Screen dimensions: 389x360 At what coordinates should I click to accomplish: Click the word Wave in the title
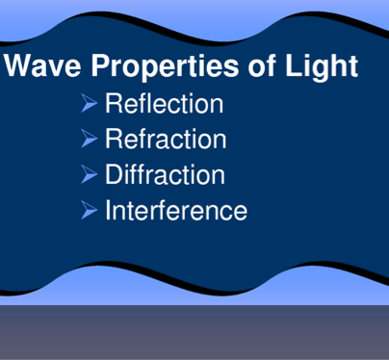[x=42, y=65]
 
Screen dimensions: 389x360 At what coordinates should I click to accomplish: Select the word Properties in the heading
[x=165, y=67]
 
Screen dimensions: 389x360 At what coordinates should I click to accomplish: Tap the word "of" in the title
[x=262, y=64]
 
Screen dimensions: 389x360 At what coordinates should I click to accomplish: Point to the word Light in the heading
[x=322, y=66]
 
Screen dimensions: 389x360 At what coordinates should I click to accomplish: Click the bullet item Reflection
[x=165, y=103]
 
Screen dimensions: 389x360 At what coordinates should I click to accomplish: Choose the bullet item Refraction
[x=166, y=139]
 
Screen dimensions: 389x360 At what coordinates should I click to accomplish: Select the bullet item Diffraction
[x=166, y=174]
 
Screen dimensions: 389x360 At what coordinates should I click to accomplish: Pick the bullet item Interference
[x=176, y=210]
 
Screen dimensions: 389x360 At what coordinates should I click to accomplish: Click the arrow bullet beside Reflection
[x=89, y=103]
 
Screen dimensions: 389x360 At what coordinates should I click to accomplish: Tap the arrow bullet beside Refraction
[x=89, y=139]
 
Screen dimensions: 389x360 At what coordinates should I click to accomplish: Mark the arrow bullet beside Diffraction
[x=89, y=174]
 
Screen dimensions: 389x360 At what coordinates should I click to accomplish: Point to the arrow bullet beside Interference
[x=89, y=210]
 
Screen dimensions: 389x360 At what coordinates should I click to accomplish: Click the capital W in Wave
[x=18, y=65]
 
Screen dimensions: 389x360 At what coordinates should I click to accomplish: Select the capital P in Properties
[x=101, y=65]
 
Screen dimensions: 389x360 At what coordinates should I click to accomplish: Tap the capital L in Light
[x=293, y=65]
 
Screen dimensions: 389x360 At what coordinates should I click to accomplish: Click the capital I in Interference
[x=108, y=210]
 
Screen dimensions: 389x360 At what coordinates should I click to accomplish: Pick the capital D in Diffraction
[x=115, y=174]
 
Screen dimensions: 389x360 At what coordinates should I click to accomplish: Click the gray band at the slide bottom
[x=194, y=332]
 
